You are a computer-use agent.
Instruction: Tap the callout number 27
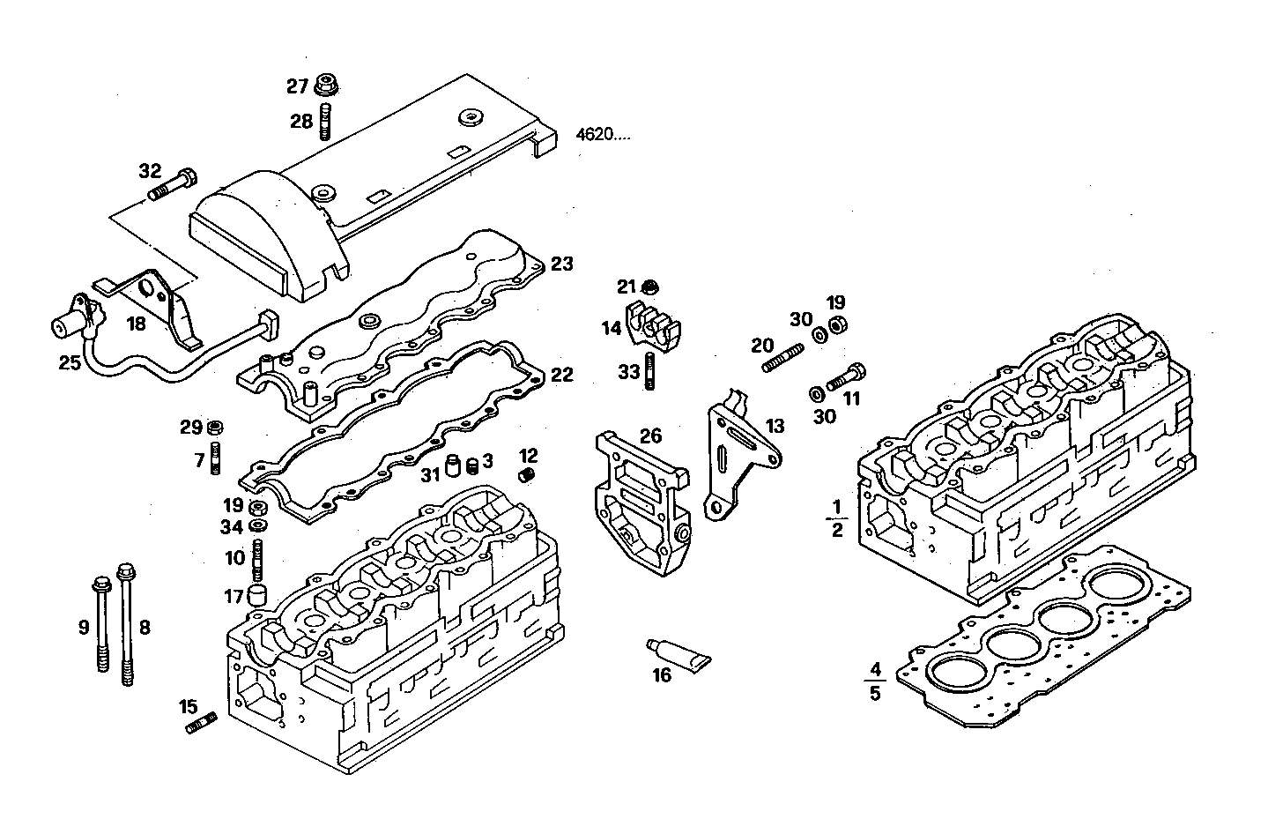click(297, 86)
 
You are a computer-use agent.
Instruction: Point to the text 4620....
click(604, 135)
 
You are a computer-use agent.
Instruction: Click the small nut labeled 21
click(650, 287)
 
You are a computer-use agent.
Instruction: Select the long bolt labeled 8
click(126, 626)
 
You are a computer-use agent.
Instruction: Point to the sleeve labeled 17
click(257, 595)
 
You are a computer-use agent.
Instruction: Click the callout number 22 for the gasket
click(561, 376)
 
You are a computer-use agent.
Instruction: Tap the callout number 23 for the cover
click(561, 264)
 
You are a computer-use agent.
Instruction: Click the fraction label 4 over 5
click(874, 681)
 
